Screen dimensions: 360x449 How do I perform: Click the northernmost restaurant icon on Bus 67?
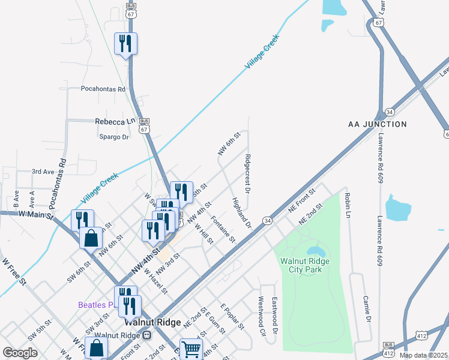[126, 43]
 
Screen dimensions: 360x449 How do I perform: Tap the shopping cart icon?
[191, 349]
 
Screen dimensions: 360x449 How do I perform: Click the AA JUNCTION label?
[378, 124]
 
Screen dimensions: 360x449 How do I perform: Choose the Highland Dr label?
[241, 212]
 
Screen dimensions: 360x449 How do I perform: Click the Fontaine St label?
[224, 230]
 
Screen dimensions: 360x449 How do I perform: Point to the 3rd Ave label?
[43, 172]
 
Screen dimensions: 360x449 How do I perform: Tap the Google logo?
[20, 352]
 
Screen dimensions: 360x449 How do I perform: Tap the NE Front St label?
[301, 200]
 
